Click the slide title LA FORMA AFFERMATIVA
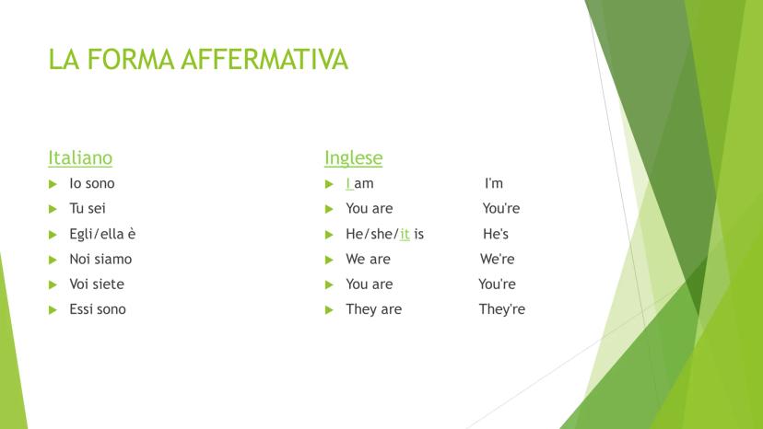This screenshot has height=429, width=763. point(198,59)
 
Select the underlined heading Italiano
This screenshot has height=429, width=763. point(80,157)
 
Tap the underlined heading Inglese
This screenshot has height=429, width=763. point(353,157)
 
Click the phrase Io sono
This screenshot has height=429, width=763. point(92,183)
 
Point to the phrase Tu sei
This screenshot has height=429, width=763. point(88,208)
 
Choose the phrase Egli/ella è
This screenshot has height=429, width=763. point(102,234)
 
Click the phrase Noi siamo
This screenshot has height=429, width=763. point(100,259)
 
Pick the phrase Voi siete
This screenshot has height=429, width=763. point(97,284)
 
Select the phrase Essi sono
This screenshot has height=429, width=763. point(98,309)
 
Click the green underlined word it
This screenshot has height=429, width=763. point(405,234)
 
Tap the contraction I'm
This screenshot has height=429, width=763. point(494,183)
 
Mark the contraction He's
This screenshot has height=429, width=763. point(496,234)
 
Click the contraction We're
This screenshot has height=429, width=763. point(498,259)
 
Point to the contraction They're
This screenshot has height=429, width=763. point(502,309)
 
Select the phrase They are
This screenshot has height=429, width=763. point(374,309)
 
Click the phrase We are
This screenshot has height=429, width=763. point(368,259)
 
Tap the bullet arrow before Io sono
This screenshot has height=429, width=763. point(53,184)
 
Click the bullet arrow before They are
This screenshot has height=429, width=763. point(329,310)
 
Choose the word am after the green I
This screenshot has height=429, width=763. point(364,184)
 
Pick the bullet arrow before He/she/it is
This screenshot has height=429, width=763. point(329,235)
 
